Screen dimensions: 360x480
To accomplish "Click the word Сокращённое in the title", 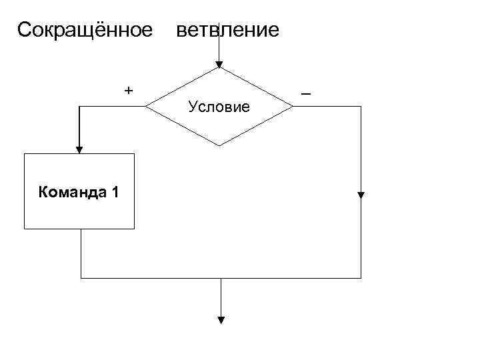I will tap(85, 31).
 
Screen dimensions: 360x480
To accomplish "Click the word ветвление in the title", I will tap(227, 31).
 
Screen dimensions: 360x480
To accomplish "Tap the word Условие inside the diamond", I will tap(219, 107).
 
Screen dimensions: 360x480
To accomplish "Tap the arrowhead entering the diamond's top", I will tap(219, 64).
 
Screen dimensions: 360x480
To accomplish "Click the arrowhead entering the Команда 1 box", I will tap(80, 149).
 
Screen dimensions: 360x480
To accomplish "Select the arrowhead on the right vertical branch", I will tap(361, 196).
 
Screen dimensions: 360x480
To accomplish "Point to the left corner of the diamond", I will tap(146, 107).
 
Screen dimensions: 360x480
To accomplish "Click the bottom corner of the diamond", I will tap(219, 146).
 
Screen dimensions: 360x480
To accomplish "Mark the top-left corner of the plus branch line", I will tap(80, 107).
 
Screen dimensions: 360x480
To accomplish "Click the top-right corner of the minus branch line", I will tap(361, 107).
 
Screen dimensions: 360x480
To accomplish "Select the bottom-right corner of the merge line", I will tap(361, 277).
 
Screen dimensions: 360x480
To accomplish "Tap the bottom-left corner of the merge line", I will tap(81, 277).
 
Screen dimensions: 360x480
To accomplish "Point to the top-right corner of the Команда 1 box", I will tap(134, 153).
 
